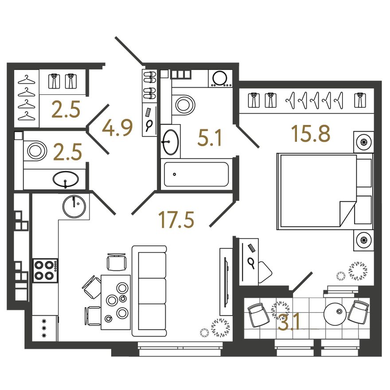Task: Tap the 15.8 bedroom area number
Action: tap(311, 133)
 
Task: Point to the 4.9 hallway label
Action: tap(117, 128)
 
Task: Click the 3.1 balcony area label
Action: tap(289, 322)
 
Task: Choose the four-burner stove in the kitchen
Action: tap(45, 270)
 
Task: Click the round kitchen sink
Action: tap(74, 206)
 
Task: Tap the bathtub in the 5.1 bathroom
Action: tap(196, 174)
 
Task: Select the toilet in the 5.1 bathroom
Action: tap(183, 104)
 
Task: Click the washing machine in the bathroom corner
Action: tap(220, 78)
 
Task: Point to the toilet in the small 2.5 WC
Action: tap(35, 151)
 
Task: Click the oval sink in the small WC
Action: tap(66, 179)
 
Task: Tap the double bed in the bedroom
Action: tap(325, 191)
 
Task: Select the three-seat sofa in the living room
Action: tap(149, 291)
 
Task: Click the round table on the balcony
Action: tap(335, 314)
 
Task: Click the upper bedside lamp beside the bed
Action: tap(364, 142)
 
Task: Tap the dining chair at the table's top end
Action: tap(117, 261)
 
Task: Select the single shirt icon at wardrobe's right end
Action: tap(360, 100)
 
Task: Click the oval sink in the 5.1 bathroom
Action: tap(170, 142)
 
